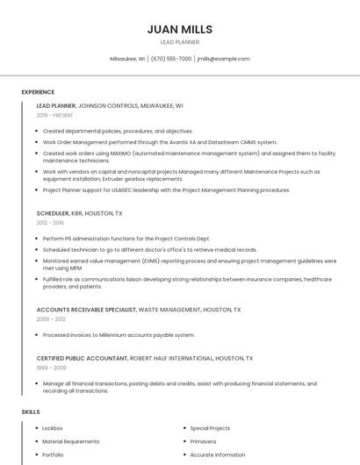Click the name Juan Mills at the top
click(180, 29)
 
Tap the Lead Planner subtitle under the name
click(180, 42)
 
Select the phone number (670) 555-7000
click(170, 59)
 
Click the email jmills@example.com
click(224, 59)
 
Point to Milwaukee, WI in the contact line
click(127, 59)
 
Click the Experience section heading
click(38, 92)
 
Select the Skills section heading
click(31, 411)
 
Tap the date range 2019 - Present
click(55, 116)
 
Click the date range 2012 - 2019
click(50, 223)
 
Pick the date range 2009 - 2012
click(51, 319)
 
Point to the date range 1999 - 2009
click(51, 368)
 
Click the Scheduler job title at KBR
click(53, 213)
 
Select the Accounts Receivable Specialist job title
click(86, 310)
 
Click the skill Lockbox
click(53, 428)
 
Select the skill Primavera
click(203, 441)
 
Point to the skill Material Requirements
click(71, 441)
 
